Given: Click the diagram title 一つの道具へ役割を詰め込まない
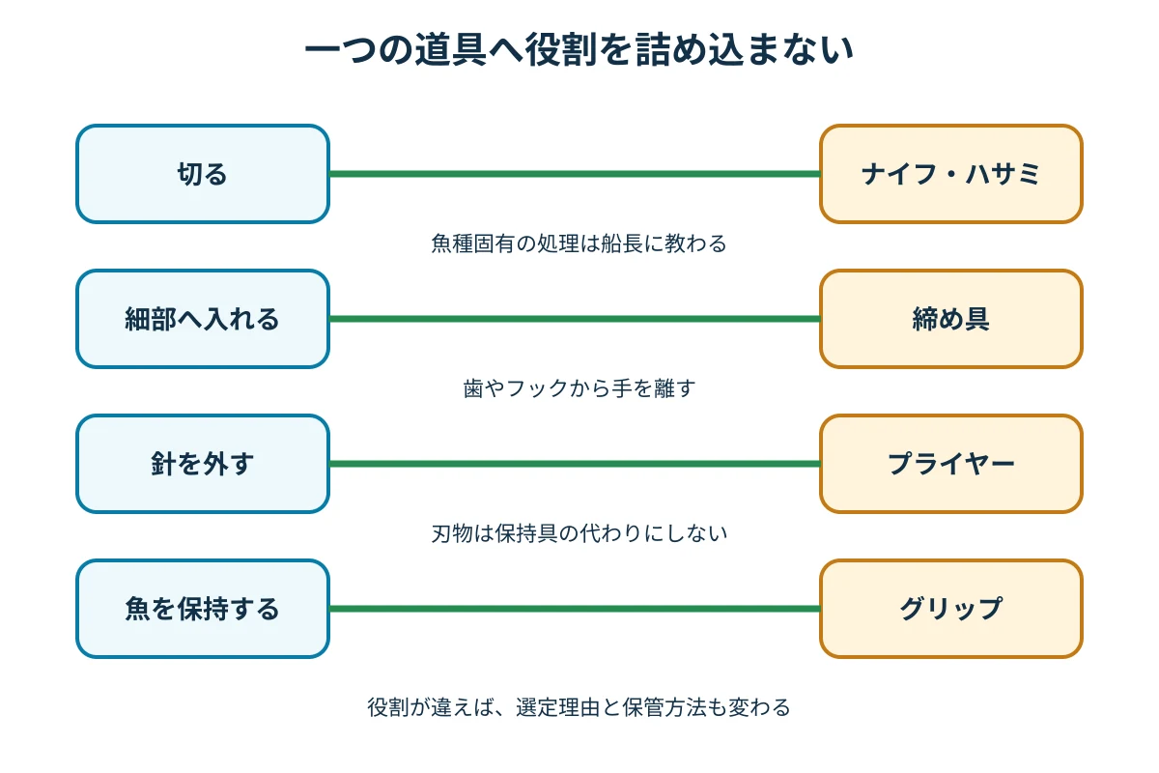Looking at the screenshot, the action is coord(579,49).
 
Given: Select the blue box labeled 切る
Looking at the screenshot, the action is coord(203,174).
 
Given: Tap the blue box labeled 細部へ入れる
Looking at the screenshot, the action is coord(203,319).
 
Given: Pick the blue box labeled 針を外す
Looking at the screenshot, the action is coord(203,464).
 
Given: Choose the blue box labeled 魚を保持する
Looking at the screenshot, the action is coord(203,609).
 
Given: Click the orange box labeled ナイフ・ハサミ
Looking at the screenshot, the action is coord(951,174).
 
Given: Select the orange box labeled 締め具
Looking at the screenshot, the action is coord(951,319).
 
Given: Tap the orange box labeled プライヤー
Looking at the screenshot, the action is coord(951,464).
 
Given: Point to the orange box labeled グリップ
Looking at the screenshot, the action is coord(951,609).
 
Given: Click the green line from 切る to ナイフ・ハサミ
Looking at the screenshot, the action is coord(575,174).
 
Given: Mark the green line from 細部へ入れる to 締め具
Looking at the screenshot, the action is coord(575,319).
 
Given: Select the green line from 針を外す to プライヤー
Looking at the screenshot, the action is coord(575,464).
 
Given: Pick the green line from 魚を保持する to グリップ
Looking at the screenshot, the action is coord(575,609).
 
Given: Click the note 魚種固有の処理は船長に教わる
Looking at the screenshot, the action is coord(579,243).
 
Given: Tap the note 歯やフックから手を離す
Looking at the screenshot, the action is coord(579,388).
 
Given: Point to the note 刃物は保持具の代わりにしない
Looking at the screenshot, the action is coord(579,533).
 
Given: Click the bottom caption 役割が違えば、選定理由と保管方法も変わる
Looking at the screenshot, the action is coord(579,707).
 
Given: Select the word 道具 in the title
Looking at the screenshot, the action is coord(450,49).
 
